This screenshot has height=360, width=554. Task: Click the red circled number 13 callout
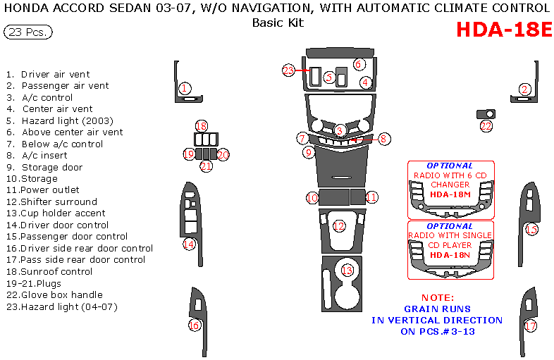[x=347, y=271]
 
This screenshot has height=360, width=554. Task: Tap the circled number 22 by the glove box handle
[x=486, y=126]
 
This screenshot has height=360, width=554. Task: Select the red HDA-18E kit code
[x=503, y=30]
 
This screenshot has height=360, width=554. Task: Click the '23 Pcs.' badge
[x=27, y=32]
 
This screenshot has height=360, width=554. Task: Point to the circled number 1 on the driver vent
[x=184, y=88]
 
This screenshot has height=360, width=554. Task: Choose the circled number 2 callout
[x=524, y=89]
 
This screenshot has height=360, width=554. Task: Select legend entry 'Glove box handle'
[x=61, y=294]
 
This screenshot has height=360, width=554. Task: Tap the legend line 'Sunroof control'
[x=56, y=271]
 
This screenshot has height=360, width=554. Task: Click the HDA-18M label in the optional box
[x=450, y=194]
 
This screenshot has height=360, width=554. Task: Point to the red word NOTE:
[x=438, y=297]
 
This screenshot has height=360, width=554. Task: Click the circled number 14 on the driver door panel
[x=189, y=244]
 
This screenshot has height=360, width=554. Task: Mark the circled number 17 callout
[x=531, y=326]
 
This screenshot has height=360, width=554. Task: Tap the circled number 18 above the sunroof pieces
[x=202, y=126]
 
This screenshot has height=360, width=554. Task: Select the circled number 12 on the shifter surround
[x=339, y=226]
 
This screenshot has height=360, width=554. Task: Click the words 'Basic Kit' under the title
[x=278, y=22]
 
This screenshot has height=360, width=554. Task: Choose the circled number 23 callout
[x=288, y=70]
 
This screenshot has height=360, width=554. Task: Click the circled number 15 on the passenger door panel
[x=531, y=229]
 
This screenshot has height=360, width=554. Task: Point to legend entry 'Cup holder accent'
[x=63, y=213]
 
